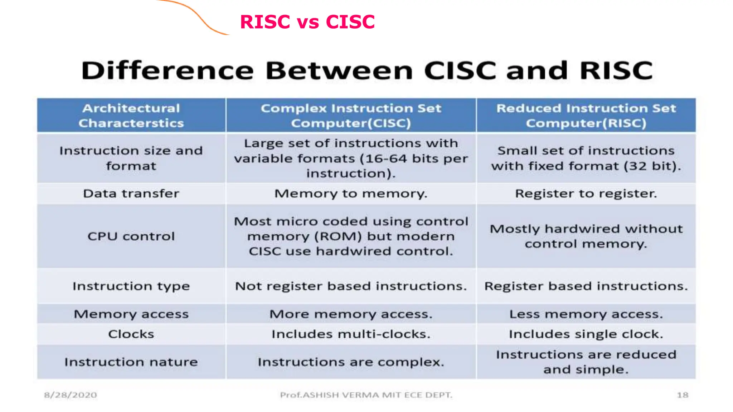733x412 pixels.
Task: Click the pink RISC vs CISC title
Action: click(307, 22)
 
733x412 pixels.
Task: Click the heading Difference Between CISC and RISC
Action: click(367, 70)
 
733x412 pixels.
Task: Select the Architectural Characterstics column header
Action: click(131, 116)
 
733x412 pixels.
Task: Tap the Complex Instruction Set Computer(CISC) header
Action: click(351, 116)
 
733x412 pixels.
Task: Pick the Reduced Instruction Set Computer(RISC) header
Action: click(586, 116)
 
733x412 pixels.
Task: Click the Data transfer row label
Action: click(131, 193)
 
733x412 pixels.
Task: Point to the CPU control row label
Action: click(131, 236)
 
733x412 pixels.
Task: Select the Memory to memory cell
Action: click(351, 193)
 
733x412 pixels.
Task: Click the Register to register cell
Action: click(586, 193)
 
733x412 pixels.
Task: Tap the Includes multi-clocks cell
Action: click(351, 334)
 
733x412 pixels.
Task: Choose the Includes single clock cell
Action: click(586, 334)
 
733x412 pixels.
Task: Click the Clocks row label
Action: click(131, 334)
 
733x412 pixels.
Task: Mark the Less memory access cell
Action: click(586, 314)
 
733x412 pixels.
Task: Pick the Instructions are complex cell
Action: click(351, 362)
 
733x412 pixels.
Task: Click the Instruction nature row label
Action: click(131, 362)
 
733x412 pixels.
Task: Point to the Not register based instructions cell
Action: click(351, 286)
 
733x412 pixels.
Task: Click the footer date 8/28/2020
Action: click(71, 395)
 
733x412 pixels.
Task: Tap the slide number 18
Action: click(683, 395)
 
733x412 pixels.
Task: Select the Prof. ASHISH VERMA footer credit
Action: click(366, 395)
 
